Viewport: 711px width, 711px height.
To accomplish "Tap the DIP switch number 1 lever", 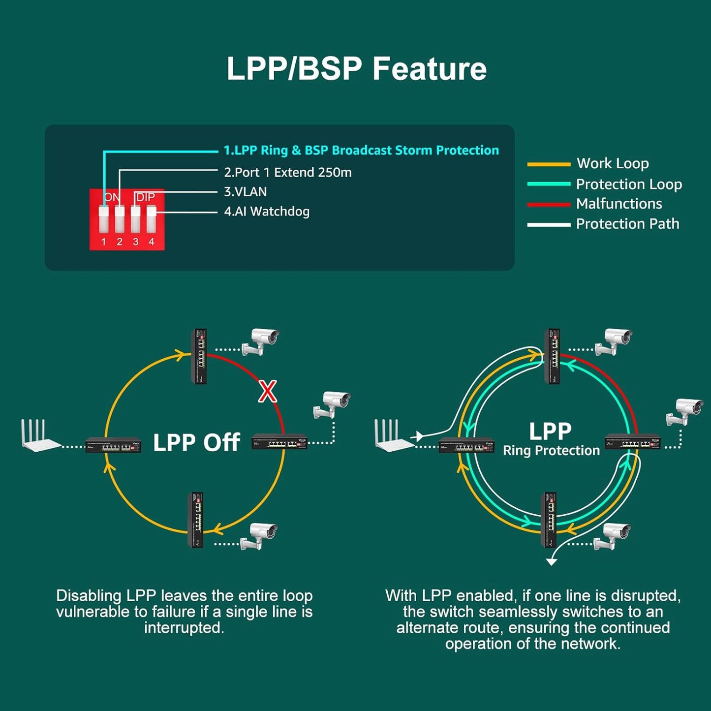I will [x=103, y=219].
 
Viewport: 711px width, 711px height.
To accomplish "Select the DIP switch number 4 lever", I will [x=151, y=219].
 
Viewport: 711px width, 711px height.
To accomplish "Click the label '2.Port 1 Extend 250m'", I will [x=288, y=172].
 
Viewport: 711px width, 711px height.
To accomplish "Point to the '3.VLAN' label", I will [x=246, y=191].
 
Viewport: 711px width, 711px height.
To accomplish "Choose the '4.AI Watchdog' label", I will [x=267, y=212].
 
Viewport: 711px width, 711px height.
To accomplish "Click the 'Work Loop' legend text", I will [x=613, y=163].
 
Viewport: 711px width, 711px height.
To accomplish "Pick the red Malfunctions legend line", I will [x=549, y=204].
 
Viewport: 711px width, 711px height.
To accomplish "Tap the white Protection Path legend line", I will [x=549, y=224].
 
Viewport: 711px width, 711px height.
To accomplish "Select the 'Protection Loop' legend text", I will [x=629, y=184].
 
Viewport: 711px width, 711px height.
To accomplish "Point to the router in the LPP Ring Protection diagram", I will [x=391, y=435].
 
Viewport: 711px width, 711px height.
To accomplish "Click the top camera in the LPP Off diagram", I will [x=261, y=341].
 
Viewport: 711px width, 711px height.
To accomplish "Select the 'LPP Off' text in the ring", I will [x=196, y=442].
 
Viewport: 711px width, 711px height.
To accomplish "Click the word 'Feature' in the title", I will [x=429, y=68].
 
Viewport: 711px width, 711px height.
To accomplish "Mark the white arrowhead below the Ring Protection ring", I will [x=552, y=562].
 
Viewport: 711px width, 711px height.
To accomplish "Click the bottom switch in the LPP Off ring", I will [x=196, y=520].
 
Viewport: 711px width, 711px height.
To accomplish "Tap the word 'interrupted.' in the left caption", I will [x=184, y=628].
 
